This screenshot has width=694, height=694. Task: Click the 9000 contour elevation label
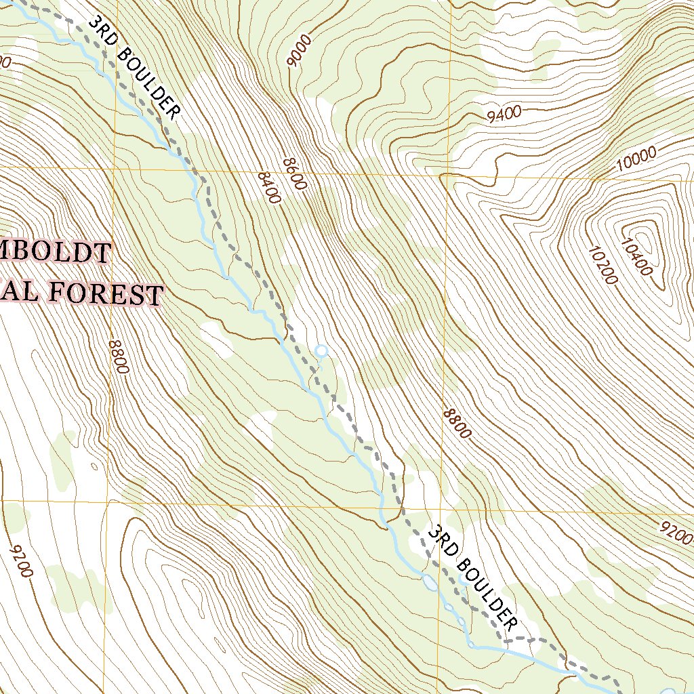coord(300,52)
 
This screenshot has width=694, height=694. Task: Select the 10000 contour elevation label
coord(636,158)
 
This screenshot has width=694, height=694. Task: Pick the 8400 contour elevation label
coord(269,187)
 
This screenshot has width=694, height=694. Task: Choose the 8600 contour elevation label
coord(295,175)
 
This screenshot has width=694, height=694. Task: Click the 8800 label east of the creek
coord(456,423)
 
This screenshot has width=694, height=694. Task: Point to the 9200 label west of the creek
coord(22,560)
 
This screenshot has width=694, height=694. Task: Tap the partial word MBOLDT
coord(54,252)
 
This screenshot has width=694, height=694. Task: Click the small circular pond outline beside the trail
coord(321,351)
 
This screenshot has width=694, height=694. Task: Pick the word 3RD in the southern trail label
coord(441,541)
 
